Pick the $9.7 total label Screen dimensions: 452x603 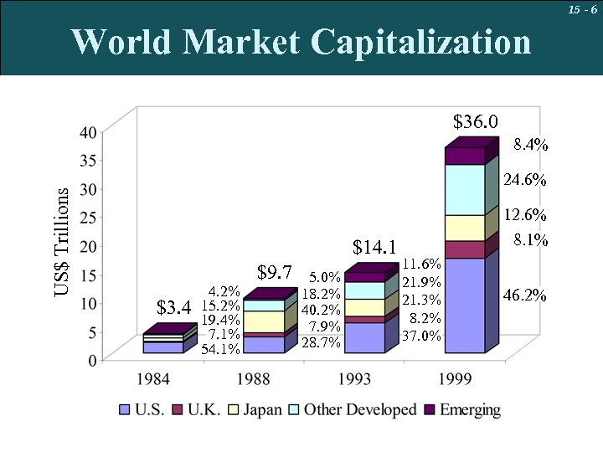pyautogui.click(x=274, y=272)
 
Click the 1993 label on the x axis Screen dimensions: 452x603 pyautogui.click(x=355, y=379)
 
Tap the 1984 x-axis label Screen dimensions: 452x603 pyautogui.click(x=154, y=379)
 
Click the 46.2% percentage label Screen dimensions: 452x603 pyautogui.click(x=525, y=295)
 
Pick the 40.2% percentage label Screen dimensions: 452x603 pyautogui.click(x=321, y=311)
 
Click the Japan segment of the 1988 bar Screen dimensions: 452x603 pyautogui.click(x=263, y=321)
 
